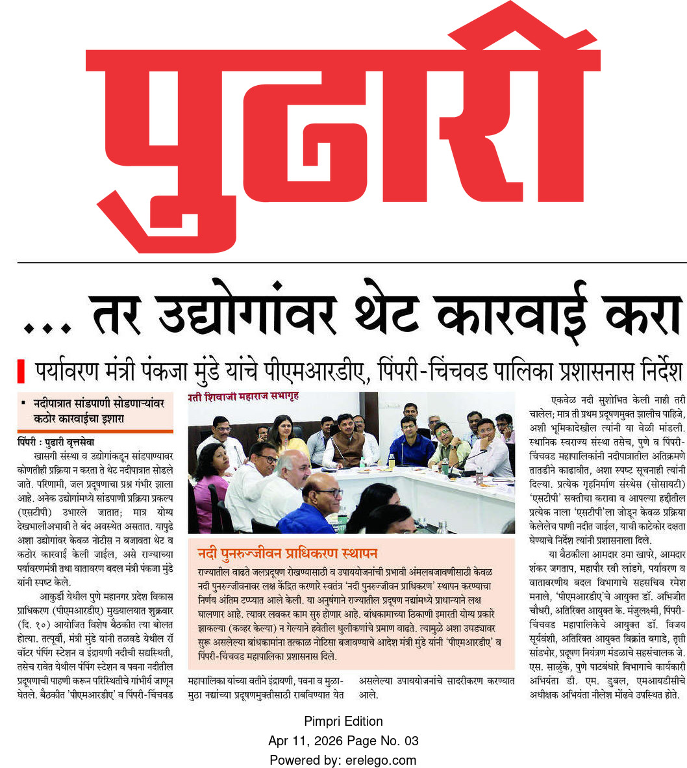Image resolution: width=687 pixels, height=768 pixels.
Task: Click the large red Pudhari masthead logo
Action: (343, 130)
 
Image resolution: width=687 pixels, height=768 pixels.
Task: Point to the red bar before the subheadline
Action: (21, 372)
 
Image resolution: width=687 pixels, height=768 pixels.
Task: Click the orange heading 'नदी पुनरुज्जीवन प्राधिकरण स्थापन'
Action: (288, 554)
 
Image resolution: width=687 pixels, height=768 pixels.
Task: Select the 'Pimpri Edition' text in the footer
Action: (343, 721)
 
